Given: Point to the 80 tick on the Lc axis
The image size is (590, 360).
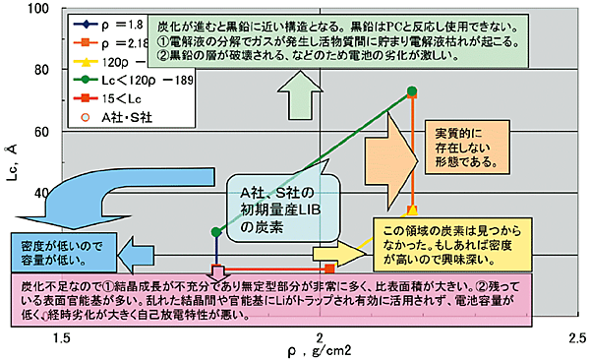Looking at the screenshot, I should [38, 70].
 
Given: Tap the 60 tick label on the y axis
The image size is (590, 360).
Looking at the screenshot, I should [38, 131].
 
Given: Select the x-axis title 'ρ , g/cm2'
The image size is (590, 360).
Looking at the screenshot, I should [318, 351].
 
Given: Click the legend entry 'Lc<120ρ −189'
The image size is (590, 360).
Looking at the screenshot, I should [128, 80].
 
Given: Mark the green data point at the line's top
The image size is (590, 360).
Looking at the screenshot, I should [413, 91].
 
